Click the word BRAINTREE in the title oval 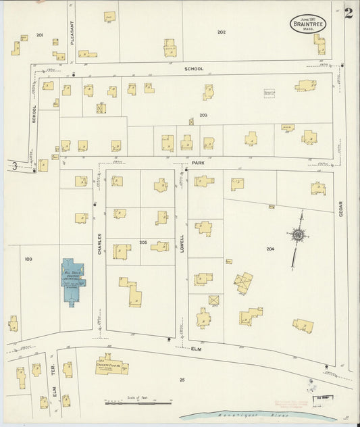308,24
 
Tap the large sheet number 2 349,14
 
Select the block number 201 40,34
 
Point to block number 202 222,32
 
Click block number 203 203,116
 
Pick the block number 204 270,249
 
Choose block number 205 143,242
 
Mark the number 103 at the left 28,259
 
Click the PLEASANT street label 72,32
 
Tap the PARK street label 198,163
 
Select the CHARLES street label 99,244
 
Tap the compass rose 297,235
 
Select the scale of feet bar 138,403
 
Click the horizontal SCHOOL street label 194,69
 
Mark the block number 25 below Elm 182,380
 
